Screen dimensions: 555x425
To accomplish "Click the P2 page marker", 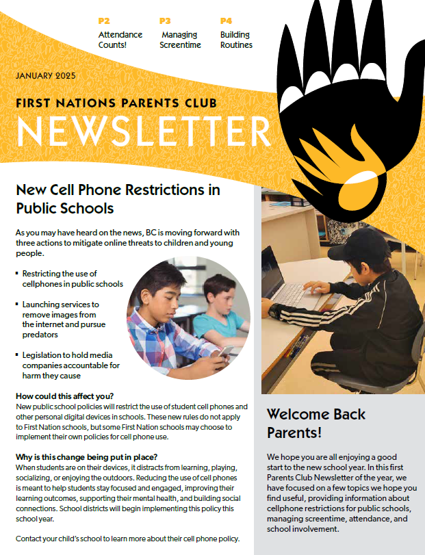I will coord(104,21).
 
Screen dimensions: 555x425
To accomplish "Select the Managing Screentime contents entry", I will coord(180,40).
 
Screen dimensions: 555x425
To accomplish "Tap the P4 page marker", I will coord(226,21).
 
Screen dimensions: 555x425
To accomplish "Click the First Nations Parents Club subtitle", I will coord(116,103).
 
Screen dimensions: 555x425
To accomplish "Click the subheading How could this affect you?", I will coord(64,396).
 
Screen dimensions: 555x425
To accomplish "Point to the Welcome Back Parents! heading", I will coord(316,423).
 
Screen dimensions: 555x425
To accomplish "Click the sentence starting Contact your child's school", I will coord(127,539).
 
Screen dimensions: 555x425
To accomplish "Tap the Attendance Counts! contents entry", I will coord(120,40).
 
